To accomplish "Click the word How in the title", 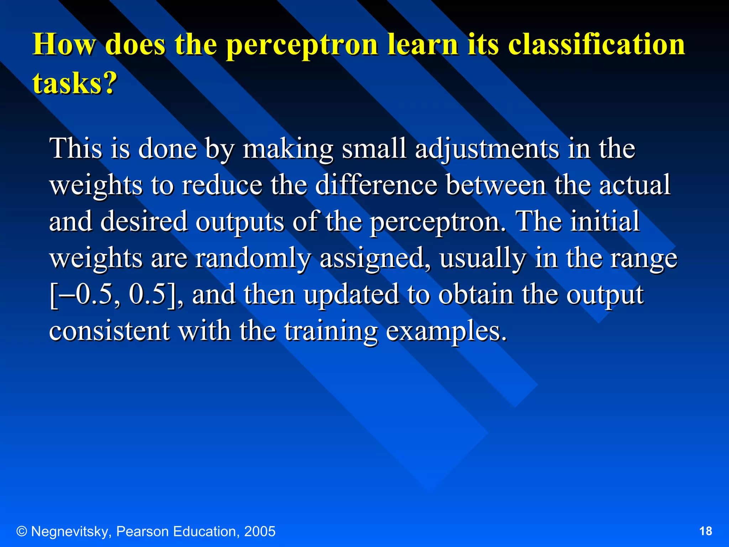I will coord(64,45).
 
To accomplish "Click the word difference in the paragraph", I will coord(376,185).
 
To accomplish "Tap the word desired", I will coord(144,222).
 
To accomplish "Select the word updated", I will coord(351,295).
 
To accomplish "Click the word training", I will coord(331,332).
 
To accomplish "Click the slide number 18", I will coord(706,531).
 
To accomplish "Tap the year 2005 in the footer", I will coord(260,531).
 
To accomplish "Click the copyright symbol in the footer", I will coord(22,532).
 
